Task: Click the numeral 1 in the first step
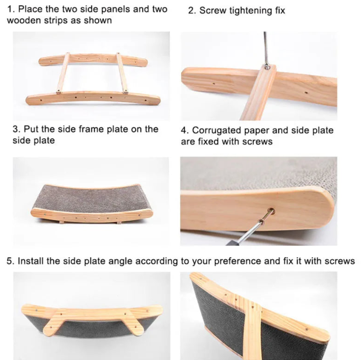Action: (x=10, y=9)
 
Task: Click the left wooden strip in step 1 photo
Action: (x=63, y=72)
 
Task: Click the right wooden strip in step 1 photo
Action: (x=122, y=73)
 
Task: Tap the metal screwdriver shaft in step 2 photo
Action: (x=266, y=48)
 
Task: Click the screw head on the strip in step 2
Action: (x=267, y=67)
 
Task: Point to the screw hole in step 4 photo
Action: (x=271, y=211)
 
